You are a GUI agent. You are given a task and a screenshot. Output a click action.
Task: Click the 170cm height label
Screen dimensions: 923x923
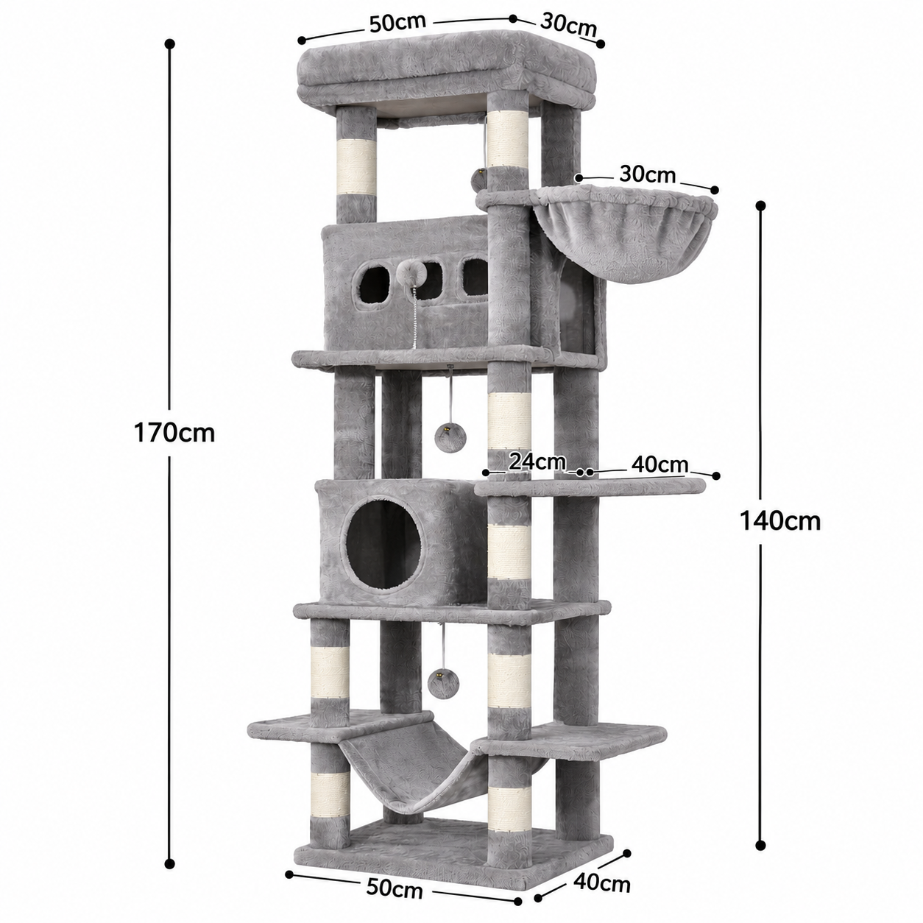[174, 433]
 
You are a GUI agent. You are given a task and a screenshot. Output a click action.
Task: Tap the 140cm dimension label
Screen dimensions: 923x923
[780, 521]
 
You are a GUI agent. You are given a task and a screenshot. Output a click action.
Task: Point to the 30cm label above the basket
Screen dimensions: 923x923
[647, 175]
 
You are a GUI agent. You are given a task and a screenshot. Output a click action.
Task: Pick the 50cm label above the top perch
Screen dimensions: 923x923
[397, 23]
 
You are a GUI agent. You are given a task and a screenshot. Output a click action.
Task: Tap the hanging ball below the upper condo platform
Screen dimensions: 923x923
[446, 436]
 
